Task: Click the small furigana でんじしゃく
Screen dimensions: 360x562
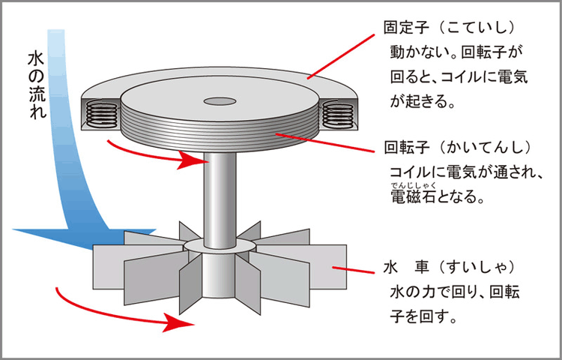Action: pyautogui.click(x=411, y=185)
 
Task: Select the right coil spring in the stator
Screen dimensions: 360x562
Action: pyautogui.click(x=337, y=114)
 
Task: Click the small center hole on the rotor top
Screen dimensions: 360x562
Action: pyautogui.click(x=218, y=100)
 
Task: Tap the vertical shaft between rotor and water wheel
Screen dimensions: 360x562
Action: pyautogui.click(x=218, y=195)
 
